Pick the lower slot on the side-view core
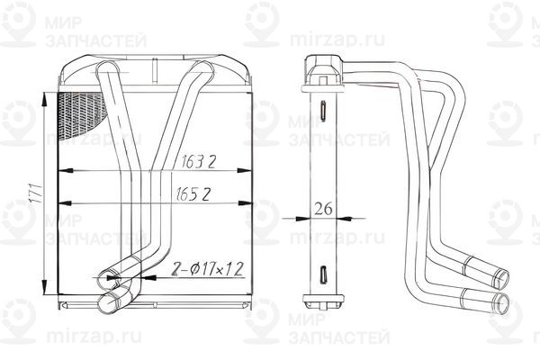tap(321, 272)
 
